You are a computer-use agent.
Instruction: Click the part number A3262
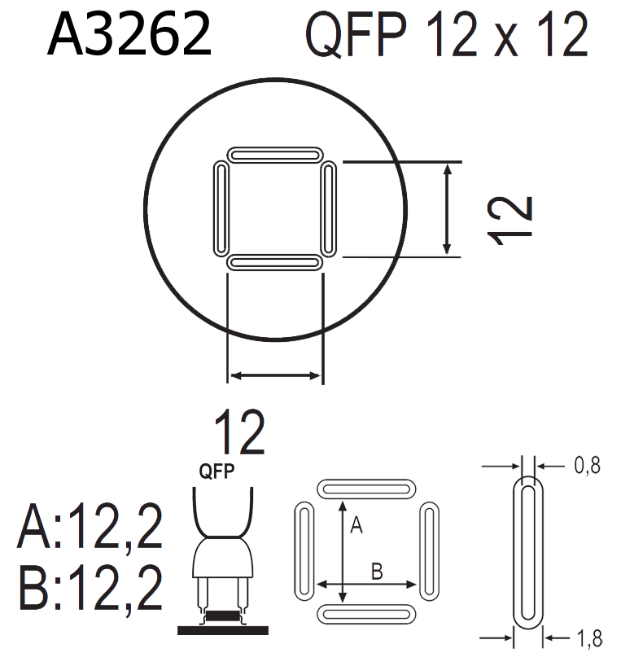(x=129, y=33)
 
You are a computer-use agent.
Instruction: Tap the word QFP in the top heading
(x=356, y=34)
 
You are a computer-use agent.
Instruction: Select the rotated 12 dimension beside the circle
(x=509, y=220)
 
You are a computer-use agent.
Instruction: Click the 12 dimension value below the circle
(x=239, y=432)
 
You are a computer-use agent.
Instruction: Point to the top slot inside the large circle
(x=275, y=156)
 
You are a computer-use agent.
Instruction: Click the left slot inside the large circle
(x=221, y=209)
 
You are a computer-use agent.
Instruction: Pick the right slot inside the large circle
(x=329, y=209)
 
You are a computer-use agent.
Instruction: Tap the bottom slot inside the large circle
(x=275, y=263)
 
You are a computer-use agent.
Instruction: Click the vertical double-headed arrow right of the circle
(x=447, y=209)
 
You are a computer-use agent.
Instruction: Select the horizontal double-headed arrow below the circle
(x=275, y=375)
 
